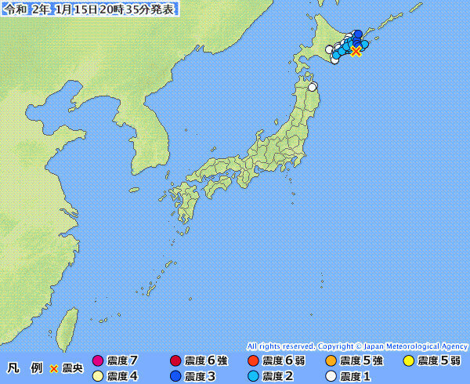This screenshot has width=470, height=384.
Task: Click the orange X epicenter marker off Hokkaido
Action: point(356,52)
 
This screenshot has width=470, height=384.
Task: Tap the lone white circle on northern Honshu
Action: point(313,87)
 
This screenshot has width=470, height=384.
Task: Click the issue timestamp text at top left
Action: point(89,9)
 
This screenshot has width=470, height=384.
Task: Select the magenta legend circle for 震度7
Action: point(98,361)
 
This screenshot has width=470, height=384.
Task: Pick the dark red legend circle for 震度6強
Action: point(175,361)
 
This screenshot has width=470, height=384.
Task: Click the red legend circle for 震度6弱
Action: point(252,361)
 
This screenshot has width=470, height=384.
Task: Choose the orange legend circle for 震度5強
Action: point(331,361)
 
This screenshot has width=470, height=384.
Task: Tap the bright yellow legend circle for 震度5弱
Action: point(408,361)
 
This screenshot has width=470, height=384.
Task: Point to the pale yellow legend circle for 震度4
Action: point(98,376)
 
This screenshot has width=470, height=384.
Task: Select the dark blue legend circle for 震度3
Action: point(175,376)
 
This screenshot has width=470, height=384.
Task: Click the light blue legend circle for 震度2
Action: point(252,376)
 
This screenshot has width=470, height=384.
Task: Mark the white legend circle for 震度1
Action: point(331,376)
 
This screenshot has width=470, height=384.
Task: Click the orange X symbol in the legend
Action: point(54,368)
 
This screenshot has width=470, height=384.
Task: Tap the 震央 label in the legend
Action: point(72,368)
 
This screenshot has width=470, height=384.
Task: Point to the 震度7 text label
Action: point(123,361)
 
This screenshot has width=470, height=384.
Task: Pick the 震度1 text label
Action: point(356,376)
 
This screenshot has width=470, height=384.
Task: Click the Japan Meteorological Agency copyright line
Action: point(356,346)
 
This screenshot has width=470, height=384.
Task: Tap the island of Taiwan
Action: point(69,321)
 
